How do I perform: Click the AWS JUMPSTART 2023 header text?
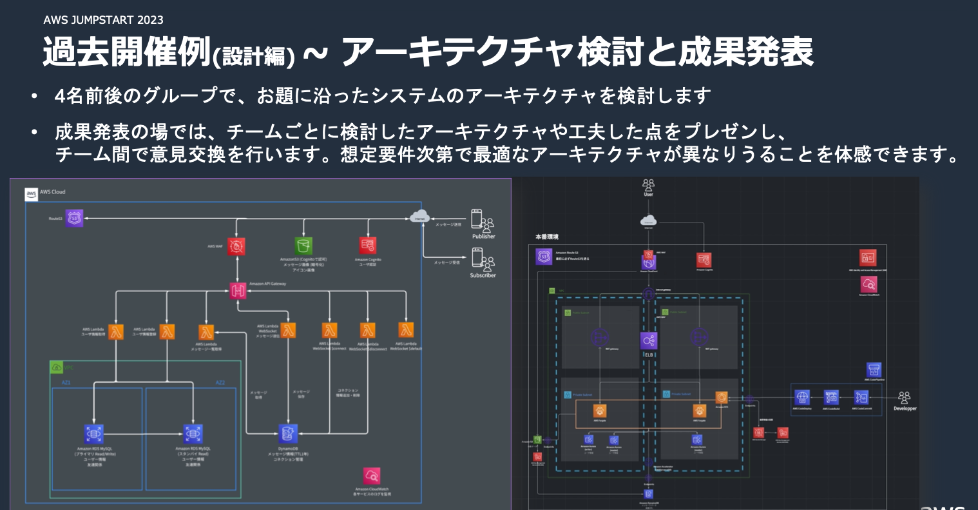(103, 20)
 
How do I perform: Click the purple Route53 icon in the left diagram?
(75, 219)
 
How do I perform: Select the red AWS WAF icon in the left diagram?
(237, 246)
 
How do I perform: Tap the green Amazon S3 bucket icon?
(303, 246)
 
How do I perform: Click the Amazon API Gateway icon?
(238, 290)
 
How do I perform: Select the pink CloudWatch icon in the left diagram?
(372, 476)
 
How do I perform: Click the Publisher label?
(483, 237)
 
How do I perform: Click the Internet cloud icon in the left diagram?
(419, 217)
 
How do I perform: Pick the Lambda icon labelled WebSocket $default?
(406, 330)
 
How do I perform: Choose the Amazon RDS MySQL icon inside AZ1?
(93, 433)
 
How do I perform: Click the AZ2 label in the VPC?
(220, 383)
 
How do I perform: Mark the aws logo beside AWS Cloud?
(32, 193)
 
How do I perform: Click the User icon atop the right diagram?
(648, 186)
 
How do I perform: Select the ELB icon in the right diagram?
(649, 341)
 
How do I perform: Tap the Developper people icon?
(905, 397)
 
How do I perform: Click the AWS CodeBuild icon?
(831, 397)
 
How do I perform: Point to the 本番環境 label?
(547, 237)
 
